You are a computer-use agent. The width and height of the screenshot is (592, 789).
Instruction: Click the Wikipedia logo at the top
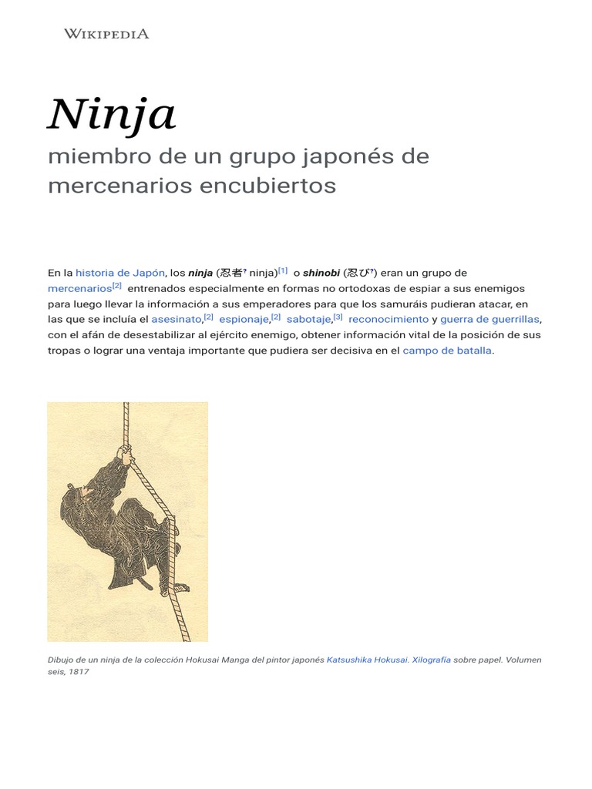tap(106, 33)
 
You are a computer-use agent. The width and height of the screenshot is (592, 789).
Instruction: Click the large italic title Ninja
tap(112, 114)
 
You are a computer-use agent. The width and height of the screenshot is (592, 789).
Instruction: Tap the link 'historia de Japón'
tap(120, 273)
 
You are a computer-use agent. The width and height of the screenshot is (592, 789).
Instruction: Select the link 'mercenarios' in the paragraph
tap(79, 288)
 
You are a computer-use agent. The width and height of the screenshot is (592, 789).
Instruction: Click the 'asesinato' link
tap(176, 319)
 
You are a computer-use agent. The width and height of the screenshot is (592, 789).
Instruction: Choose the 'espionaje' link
tap(244, 319)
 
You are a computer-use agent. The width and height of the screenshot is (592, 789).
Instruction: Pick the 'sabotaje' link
tap(308, 319)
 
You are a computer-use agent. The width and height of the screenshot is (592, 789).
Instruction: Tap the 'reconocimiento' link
tap(388, 319)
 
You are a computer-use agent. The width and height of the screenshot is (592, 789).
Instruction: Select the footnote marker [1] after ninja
tap(283, 270)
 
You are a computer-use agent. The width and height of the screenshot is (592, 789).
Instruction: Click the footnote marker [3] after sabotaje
tap(338, 317)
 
